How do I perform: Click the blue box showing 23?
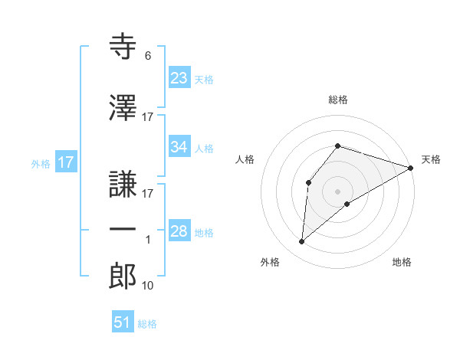179,78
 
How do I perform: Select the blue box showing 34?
179,147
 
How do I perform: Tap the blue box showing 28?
179,231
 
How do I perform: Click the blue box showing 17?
66,162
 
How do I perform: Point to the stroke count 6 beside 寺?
147,56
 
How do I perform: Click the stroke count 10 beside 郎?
148,286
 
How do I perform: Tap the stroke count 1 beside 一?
148,240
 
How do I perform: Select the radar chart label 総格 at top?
338,100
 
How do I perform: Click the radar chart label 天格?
431,159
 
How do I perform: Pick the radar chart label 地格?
402,263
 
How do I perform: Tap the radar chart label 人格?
245,159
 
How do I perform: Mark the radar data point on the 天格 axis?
411,168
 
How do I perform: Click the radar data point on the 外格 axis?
302,242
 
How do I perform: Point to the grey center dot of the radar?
338,191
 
